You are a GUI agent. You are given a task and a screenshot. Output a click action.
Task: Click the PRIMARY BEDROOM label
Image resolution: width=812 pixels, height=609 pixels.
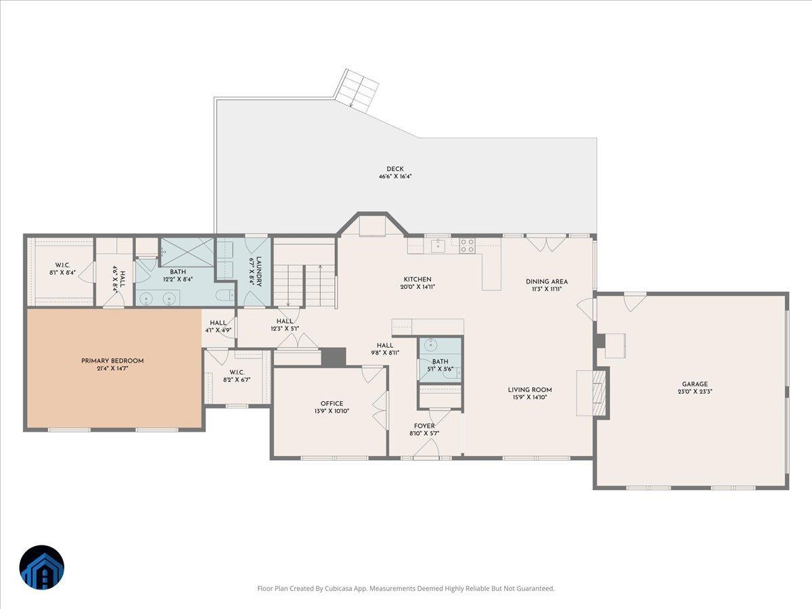(112, 361)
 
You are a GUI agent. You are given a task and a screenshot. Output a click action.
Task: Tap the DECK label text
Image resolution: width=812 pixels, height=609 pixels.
(395, 169)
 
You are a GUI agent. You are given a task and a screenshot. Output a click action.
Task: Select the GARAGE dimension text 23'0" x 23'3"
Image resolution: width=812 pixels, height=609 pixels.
(695, 392)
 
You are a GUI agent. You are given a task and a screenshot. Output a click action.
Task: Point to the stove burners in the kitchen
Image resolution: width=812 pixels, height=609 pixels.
(467, 246)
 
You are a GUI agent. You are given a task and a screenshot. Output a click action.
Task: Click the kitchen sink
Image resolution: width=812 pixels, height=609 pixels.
(438, 246)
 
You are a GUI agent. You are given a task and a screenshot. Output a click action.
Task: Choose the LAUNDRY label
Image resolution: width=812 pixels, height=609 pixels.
(258, 272)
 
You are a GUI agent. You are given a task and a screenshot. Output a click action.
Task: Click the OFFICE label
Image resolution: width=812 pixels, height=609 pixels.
(332, 403)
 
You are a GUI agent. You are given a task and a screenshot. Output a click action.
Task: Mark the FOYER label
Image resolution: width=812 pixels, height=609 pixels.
(424, 426)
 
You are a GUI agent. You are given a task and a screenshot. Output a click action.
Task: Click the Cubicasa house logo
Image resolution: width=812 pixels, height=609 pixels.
(42, 567)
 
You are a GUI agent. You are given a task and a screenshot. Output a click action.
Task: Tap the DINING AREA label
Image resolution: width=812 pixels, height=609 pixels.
(547, 281)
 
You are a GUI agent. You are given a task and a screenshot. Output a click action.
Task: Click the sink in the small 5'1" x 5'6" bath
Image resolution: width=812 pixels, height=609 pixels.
(430, 345)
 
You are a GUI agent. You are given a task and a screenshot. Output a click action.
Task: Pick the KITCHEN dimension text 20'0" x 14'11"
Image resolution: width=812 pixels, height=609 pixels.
(418, 286)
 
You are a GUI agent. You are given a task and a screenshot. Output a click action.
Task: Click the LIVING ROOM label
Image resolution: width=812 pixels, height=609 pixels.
(530, 390)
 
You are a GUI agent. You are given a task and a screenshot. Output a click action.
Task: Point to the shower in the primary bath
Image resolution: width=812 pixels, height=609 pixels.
(187, 252)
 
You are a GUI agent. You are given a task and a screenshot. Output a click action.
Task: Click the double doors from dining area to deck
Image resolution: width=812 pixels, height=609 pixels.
(546, 244)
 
